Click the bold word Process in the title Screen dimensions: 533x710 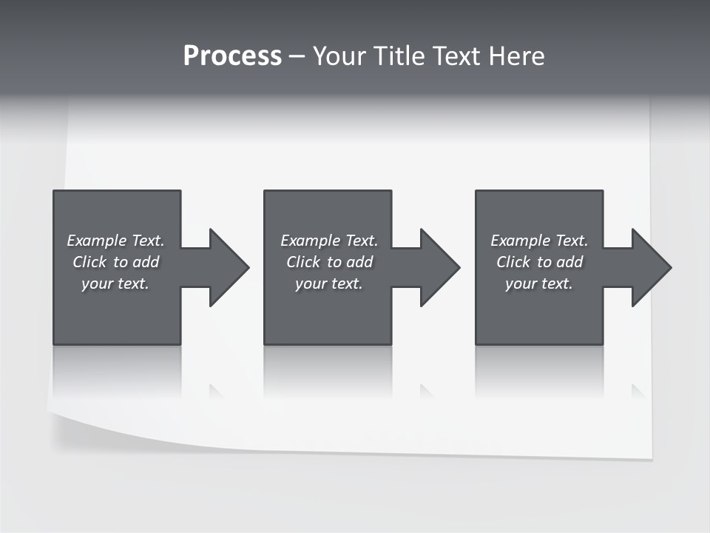[x=232, y=56]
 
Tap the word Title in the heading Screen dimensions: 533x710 [x=402, y=56]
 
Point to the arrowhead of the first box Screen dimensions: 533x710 [x=226, y=267]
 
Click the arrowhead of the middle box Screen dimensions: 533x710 [x=437, y=267]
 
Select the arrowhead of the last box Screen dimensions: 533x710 [x=649, y=267]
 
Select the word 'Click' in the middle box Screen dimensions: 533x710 [x=303, y=262]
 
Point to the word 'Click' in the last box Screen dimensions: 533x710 [x=513, y=262]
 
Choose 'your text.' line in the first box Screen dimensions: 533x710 [x=115, y=284]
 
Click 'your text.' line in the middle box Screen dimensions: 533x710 [x=329, y=284]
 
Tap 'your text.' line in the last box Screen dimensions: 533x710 [x=539, y=284]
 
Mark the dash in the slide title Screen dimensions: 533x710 [x=297, y=56]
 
